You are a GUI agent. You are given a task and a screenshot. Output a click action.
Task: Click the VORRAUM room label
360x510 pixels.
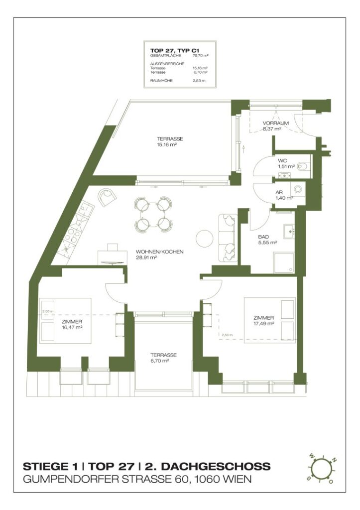pyautogui.click(x=273, y=123)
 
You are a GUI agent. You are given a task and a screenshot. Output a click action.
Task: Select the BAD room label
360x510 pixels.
pyautogui.click(x=263, y=237)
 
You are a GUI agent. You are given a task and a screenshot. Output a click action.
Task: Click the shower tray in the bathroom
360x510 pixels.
pyautogui.click(x=283, y=262)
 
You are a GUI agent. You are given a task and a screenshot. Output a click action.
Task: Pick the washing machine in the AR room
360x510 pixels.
pyautogui.click(x=297, y=189)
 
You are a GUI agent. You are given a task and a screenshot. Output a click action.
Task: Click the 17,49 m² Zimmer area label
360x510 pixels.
pyautogui.click(x=264, y=323)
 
